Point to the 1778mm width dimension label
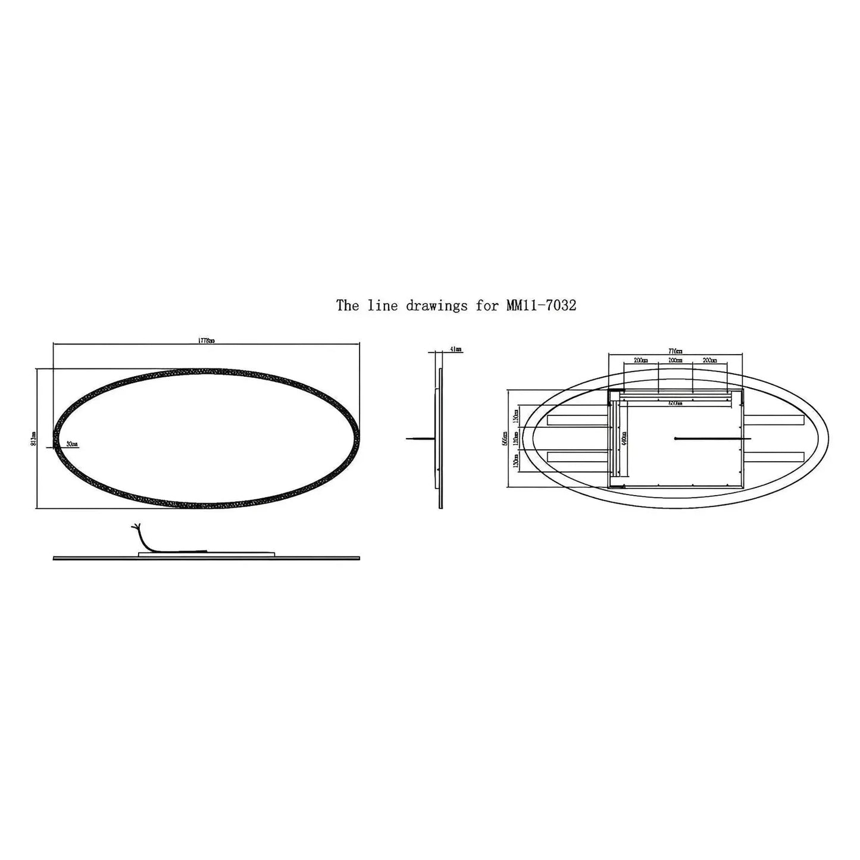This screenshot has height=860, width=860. pyautogui.click(x=206, y=341)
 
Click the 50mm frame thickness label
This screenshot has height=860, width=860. pyautogui.click(x=72, y=444)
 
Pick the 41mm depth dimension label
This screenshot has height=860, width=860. pyautogui.click(x=456, y=349)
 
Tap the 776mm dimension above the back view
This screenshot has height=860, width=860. pyautogui.click(x=675, y=351)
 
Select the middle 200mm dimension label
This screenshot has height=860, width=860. pyautogui.click(x=675, y=360)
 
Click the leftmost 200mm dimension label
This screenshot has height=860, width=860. pyautogui.click(x=640, y=360)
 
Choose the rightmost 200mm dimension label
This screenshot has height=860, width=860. pyautogui.click(x=709, y=360)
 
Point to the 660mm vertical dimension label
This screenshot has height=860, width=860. pyautogui.click(x=505, y=439)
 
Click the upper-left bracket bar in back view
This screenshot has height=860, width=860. pyautogui.click(x=576, y=420)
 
